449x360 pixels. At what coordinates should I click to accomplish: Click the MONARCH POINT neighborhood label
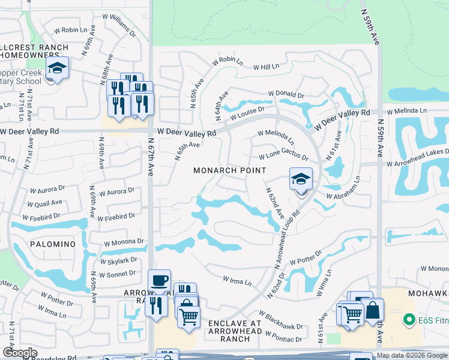click(229, 170)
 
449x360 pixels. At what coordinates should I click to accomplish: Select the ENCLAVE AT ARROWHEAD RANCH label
click(235, 331)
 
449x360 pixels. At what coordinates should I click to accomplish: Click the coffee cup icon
click(159, 281)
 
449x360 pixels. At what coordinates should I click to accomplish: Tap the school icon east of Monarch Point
click(301, 179)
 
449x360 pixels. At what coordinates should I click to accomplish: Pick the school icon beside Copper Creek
click(58, 68)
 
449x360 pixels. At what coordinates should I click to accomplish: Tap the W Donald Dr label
click(286, 95)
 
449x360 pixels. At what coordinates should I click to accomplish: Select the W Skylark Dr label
click(118, 260)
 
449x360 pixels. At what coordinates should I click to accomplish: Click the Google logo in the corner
click(20, 353)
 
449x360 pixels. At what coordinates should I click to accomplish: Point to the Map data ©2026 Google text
click(412, 355)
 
